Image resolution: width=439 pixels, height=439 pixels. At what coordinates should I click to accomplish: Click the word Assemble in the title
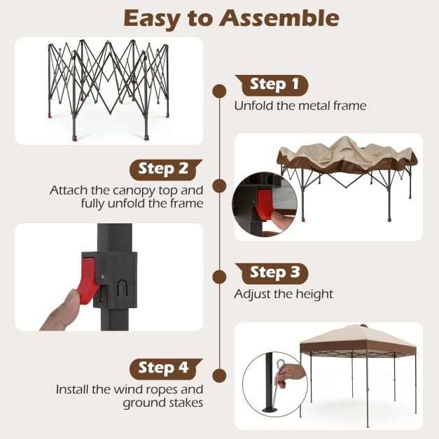[x=279, y=18]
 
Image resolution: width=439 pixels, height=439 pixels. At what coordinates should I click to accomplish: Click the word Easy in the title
[x=151, y=19]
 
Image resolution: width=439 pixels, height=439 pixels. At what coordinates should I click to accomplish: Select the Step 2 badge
[x=166, y=169]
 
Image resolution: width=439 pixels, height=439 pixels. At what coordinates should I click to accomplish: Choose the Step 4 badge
[x=166, y=369]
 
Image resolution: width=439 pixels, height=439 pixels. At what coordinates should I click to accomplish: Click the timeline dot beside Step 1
[x=219, y=91]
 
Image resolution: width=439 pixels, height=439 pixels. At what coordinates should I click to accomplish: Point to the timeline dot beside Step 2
[x=219, y=186]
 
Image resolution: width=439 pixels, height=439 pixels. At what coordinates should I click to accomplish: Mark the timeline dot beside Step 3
[x=219, y=277]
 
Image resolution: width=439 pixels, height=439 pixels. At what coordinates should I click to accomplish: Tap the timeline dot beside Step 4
[x=219, y=375]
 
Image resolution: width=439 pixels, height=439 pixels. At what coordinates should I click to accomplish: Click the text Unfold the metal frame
[x=300, y=106]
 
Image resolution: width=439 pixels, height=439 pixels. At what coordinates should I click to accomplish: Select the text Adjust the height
[x=284, y=295]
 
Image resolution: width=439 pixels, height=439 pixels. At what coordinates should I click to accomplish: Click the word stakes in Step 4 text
[x=186, y=403]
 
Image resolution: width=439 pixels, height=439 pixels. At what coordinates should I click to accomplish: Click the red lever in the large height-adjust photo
[x=89, y=281]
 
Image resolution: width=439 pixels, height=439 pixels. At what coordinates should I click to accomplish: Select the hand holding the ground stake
[x=290, y=375]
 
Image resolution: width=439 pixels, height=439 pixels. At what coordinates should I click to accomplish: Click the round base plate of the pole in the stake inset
[x=270, y=410]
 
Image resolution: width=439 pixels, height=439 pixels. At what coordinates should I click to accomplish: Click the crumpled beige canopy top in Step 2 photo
[x=347, y=153]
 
